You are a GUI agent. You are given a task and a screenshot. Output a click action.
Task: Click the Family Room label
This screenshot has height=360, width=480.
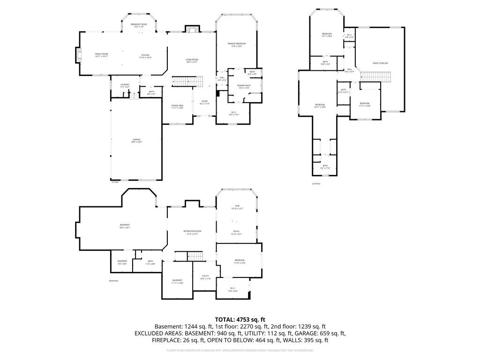(102, 55)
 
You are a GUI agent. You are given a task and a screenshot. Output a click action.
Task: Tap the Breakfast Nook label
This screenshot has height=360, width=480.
(139, 25)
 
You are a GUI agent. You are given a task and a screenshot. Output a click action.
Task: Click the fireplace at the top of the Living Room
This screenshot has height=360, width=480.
(190, 29)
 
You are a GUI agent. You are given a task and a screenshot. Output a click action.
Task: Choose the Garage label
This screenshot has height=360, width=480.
(136, 140)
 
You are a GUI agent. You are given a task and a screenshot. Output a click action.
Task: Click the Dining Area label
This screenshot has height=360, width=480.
(177, 106)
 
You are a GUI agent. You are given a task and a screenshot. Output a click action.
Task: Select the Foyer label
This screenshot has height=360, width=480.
(205, 102)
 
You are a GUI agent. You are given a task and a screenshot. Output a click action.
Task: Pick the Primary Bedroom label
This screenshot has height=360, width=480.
(238, 45)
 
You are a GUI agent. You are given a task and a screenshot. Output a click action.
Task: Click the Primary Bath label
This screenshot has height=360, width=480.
(244, 86)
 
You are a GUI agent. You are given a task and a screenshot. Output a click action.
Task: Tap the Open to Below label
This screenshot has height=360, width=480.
(380, 63)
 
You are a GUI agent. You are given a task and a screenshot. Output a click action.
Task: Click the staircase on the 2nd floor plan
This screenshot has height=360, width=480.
(375, 75)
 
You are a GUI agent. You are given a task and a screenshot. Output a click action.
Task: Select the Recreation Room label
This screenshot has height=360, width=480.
(192, 232)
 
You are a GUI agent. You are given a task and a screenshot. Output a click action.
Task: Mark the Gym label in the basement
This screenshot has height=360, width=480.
(237, 207)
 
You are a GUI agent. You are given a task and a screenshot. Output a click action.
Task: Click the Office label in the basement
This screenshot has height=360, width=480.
(237, 232)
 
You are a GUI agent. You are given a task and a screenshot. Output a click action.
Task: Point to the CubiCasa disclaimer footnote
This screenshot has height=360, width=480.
(240, 350)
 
